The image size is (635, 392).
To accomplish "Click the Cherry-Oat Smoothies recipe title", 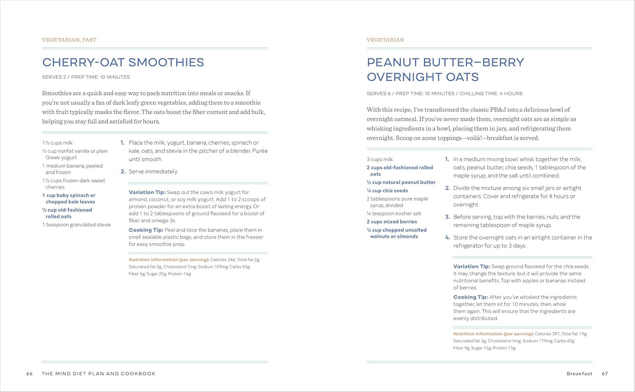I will [123, 62].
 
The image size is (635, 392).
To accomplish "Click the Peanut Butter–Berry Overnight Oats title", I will [445, 70].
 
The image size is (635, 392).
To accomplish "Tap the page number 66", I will [29, 374].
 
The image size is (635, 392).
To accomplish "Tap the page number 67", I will [605, 374].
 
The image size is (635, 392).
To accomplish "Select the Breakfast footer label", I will [579, 374].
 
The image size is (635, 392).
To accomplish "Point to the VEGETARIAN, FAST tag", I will [69, 40].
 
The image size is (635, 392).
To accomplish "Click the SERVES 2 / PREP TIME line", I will [86, 77].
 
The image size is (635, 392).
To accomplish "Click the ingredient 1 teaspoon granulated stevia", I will [76, 225].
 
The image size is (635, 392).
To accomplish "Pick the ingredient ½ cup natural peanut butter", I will [401, 182].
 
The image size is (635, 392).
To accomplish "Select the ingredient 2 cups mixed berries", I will [392, 222].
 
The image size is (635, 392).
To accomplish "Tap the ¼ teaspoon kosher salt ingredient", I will [394, 214].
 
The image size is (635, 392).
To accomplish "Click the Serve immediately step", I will [153, 172].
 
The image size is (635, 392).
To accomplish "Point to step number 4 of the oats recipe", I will [447, 238].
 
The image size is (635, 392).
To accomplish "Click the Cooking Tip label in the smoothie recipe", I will [146, 230].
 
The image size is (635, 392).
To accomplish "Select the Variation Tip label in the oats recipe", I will [472, 267].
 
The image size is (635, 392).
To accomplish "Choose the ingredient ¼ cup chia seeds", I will [387, 191].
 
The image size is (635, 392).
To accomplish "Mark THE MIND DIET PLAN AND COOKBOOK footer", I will [99, 374].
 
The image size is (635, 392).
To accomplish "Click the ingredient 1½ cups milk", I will [57, 143].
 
